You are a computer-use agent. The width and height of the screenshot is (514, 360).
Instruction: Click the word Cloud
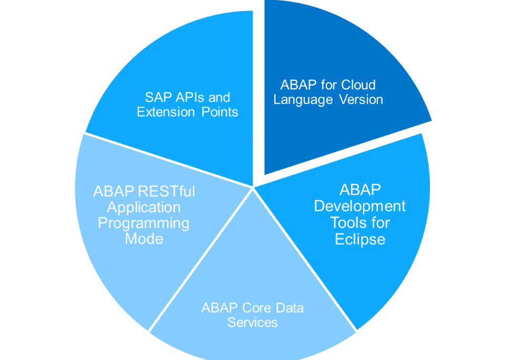click(358, 85)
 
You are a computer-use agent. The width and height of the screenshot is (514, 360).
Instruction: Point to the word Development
click(360, 206)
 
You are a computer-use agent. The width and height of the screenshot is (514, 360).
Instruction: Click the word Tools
click(345, 223)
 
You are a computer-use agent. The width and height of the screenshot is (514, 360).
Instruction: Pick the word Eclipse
click(360, 240)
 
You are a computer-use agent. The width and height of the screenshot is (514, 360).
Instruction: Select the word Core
click(256, 308)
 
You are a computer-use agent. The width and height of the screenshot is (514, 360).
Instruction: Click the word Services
click(253, 322)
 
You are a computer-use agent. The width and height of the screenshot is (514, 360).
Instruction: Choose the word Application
click(144, 207)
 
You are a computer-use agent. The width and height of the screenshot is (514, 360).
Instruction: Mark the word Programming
click(144, 223)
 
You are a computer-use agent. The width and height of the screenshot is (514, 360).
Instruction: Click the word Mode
click(144, 239)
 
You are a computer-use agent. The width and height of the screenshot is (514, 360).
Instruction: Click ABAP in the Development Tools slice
click(360, 190)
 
